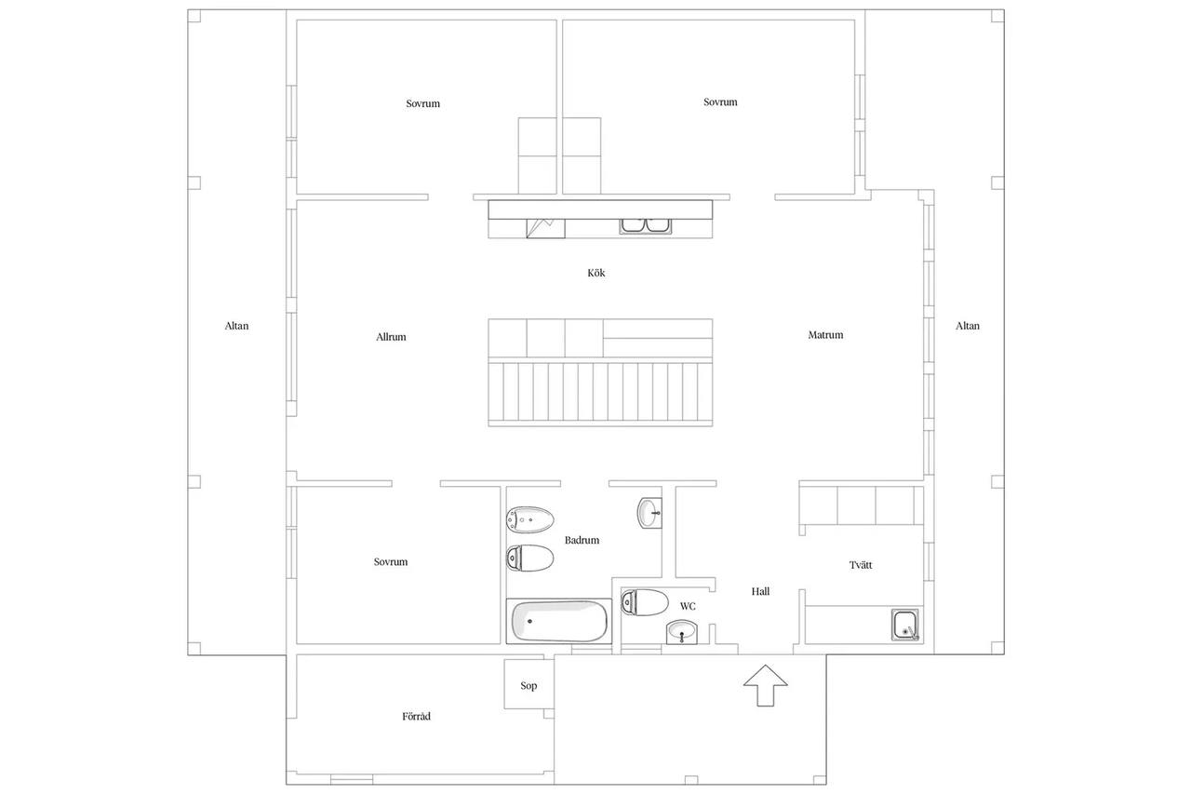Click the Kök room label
tap(596, 273)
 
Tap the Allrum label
tap(391, 337)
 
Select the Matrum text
tap(825, 334)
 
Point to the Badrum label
tap(582, 540)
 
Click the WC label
tap(688, 606)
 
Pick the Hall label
tap(760, 591)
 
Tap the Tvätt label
tap(861, 565)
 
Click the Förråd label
tap(416, 717)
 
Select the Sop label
tap(529, 686)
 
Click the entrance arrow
tap(765, 685)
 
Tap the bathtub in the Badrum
tap(559, 621)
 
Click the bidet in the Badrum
tap(530, 519)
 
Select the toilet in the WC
tap(645, 602)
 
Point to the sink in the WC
tap(682, 632)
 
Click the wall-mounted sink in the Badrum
tap(649, 513)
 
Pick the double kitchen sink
tap(646, 225)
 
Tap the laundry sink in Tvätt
tap(905, 625)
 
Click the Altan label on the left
tap(236, 326)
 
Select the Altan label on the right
tap(967, 326)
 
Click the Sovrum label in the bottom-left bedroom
tap(390, 561)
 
